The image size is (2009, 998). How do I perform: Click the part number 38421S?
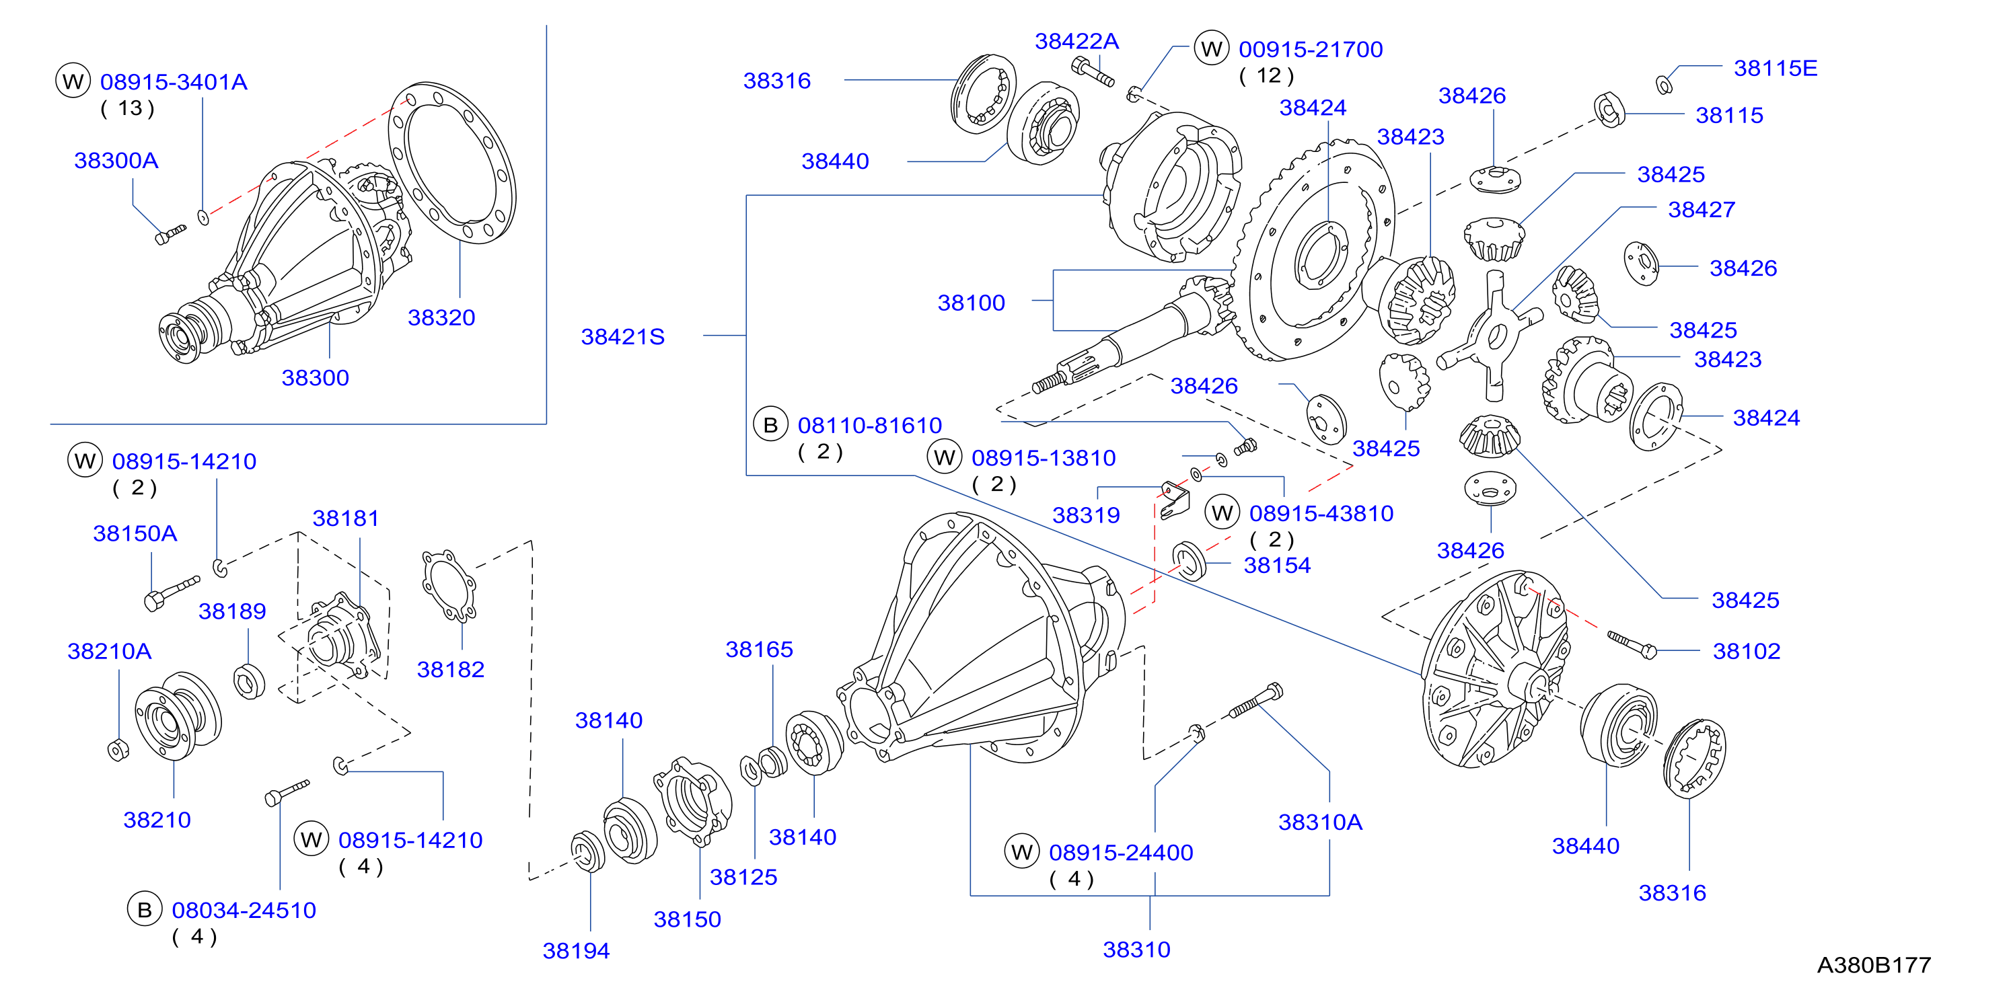point(622,337)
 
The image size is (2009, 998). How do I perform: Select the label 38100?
point(971,303)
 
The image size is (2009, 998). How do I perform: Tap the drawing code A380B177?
point(1873,965)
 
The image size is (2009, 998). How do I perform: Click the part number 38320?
point(441,317)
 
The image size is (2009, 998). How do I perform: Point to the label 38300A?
point(116,161)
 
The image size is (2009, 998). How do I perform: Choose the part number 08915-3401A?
point(174,82)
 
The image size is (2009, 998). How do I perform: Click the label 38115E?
point(1775,69)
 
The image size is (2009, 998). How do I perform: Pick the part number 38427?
point(1702,210)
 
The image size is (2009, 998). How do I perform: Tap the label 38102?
point(1746,651)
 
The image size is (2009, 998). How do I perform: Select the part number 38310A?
point(1320,822)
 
